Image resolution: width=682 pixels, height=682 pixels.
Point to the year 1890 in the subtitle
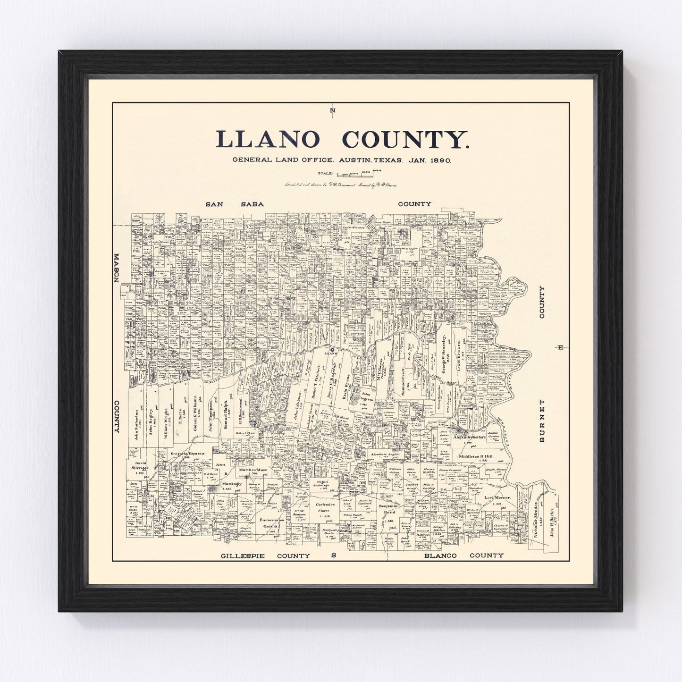coord(440,160)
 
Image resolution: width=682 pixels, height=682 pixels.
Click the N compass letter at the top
coord(333,111)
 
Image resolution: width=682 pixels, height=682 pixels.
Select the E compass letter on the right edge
coord(560,348)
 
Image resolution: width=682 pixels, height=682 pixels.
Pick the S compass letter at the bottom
coord(333,556)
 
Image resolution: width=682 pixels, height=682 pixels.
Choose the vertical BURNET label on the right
coord(542,421)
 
